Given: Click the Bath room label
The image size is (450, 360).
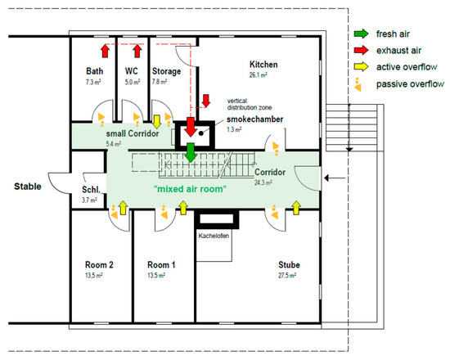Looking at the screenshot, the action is [x=94, y=71].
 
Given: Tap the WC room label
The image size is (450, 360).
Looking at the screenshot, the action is [x=132, y=71].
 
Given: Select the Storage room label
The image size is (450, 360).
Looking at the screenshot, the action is [x=166, y=71].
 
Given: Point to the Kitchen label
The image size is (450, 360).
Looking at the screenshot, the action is [x=263, y=65].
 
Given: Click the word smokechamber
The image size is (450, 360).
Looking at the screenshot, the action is [x=254, y=119].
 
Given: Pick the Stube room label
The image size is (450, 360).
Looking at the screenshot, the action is [x=289, y=265].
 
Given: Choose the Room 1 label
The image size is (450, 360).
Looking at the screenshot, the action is [x=161, y=265].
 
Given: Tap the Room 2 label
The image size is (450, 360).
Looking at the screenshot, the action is [x=99, y=265].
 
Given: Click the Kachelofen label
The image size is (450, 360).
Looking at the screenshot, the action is [x=214, y=236].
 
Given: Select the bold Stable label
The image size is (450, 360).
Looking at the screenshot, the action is [x=28, y=187].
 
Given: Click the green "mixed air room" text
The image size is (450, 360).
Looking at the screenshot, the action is [x=190, y=189].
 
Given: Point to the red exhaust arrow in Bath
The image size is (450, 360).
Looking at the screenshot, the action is [x=106, y=51].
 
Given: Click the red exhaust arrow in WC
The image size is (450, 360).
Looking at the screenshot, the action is [x=137, y=51].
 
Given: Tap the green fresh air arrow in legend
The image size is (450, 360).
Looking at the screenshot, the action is [x=362, y=34].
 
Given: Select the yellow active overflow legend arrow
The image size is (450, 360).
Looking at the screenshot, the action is [x=362, y=66].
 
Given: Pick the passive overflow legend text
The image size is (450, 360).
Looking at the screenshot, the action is [x=410, y=84].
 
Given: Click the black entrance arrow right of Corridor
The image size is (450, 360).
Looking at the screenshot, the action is [x=335, y=178].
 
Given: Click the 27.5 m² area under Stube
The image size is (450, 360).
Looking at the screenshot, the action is [x=287, y=276].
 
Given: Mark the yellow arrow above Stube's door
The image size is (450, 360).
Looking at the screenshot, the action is [x=296, y=208].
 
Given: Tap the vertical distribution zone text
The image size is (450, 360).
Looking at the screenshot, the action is [x=250, y=104].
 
